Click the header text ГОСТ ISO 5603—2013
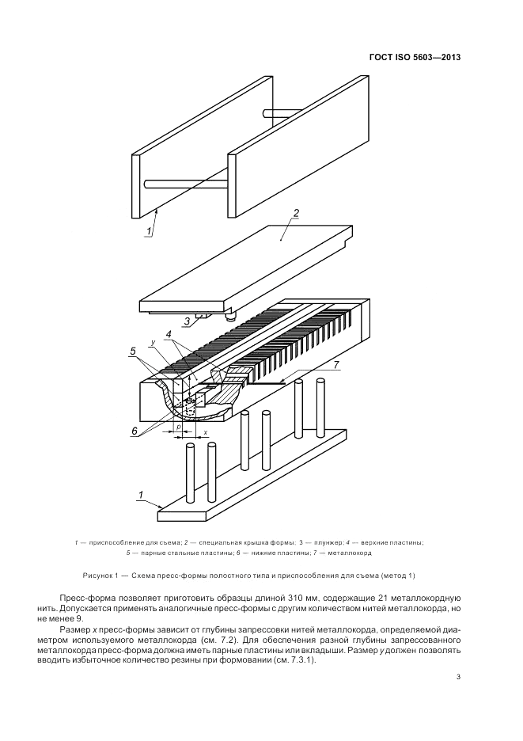415,56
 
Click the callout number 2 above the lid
295,213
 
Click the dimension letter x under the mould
207,432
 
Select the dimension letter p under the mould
180,426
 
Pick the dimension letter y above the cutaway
151,344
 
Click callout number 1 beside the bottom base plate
141,495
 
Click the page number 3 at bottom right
459,677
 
